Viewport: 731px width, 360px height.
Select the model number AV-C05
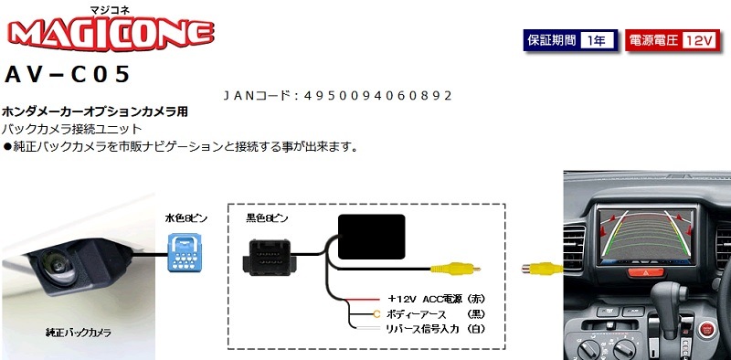pyautogui.click(x=69, y=73)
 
